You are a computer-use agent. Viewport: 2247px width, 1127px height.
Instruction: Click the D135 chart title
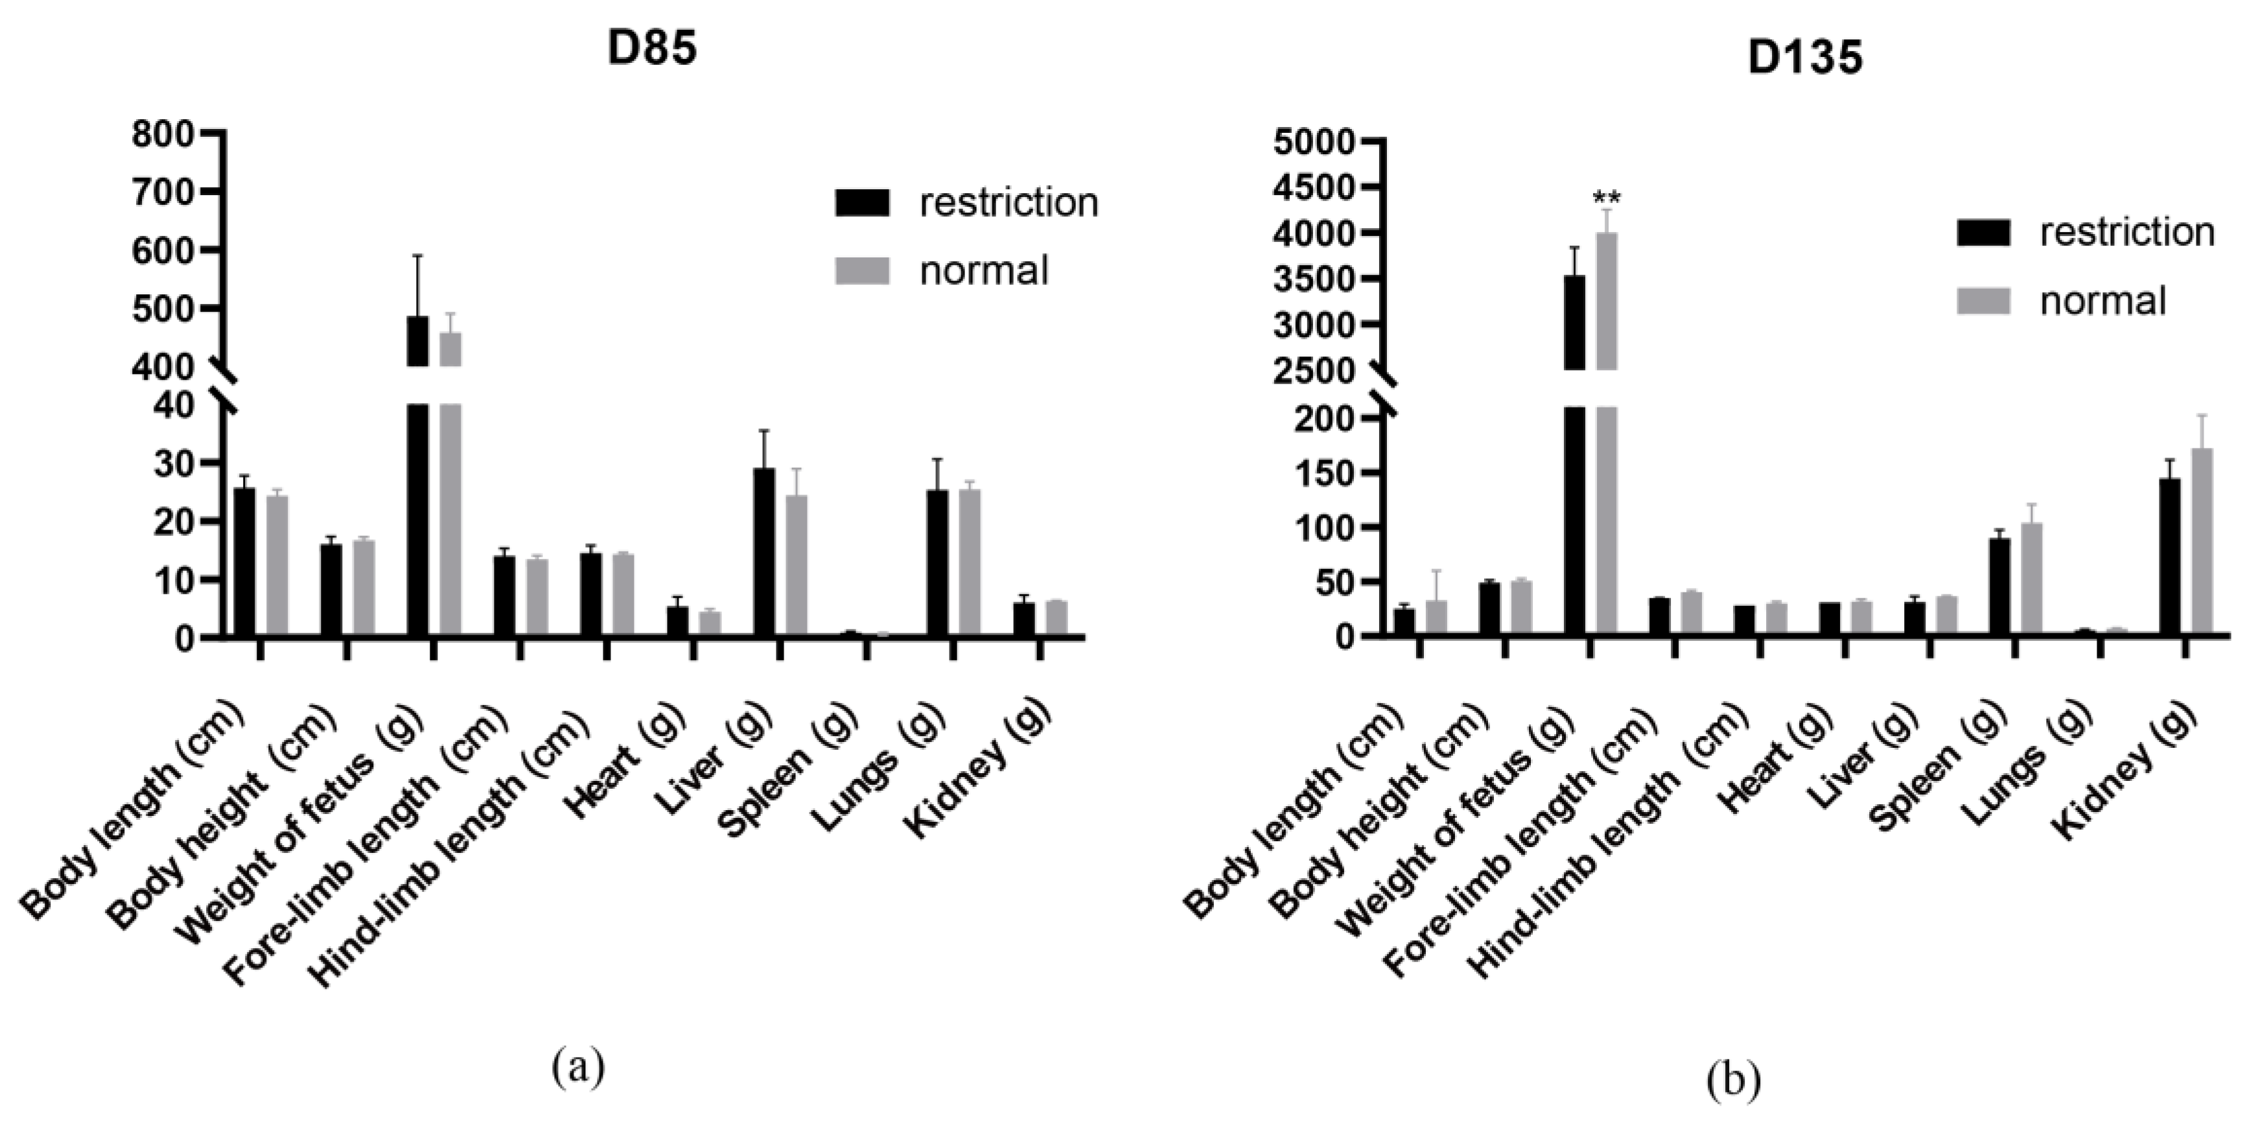pyautogui.click(x=1805, y=58)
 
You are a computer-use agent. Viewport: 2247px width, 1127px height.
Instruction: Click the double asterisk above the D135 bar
pyautogui.click(x=1607, y=197)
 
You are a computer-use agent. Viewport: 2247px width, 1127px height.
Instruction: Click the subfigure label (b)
pyautogui.click(x=1732, y=1080)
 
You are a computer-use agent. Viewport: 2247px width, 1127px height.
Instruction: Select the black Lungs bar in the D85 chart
pyautogui.click(x=938, y=563)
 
